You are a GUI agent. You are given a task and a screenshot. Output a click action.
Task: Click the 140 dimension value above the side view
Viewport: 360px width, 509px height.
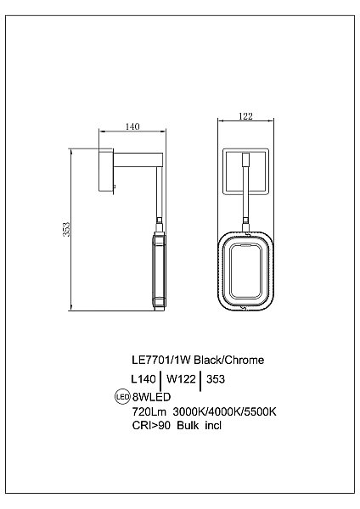click(x=132, y=126)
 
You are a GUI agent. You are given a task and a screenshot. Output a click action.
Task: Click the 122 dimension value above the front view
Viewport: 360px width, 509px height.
click(x=245, y=116)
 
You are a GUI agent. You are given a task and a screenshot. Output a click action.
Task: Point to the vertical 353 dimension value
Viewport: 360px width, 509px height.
click(x=66, y=229)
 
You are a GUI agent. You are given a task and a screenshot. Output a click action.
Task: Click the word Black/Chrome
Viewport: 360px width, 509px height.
click(x=229, y=360)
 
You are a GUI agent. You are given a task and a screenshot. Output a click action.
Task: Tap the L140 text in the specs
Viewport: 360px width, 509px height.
click(x=143, y=379)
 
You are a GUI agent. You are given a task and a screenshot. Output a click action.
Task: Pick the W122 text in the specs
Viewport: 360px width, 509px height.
click(x=181, y=379)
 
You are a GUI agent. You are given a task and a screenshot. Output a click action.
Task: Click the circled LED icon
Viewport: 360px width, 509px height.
click(x=123, y=396)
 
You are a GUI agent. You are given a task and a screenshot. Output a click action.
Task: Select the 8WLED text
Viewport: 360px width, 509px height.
click(x=151, y=397)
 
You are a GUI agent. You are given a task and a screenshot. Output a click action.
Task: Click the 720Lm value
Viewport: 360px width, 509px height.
click(x=149, y=411)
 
